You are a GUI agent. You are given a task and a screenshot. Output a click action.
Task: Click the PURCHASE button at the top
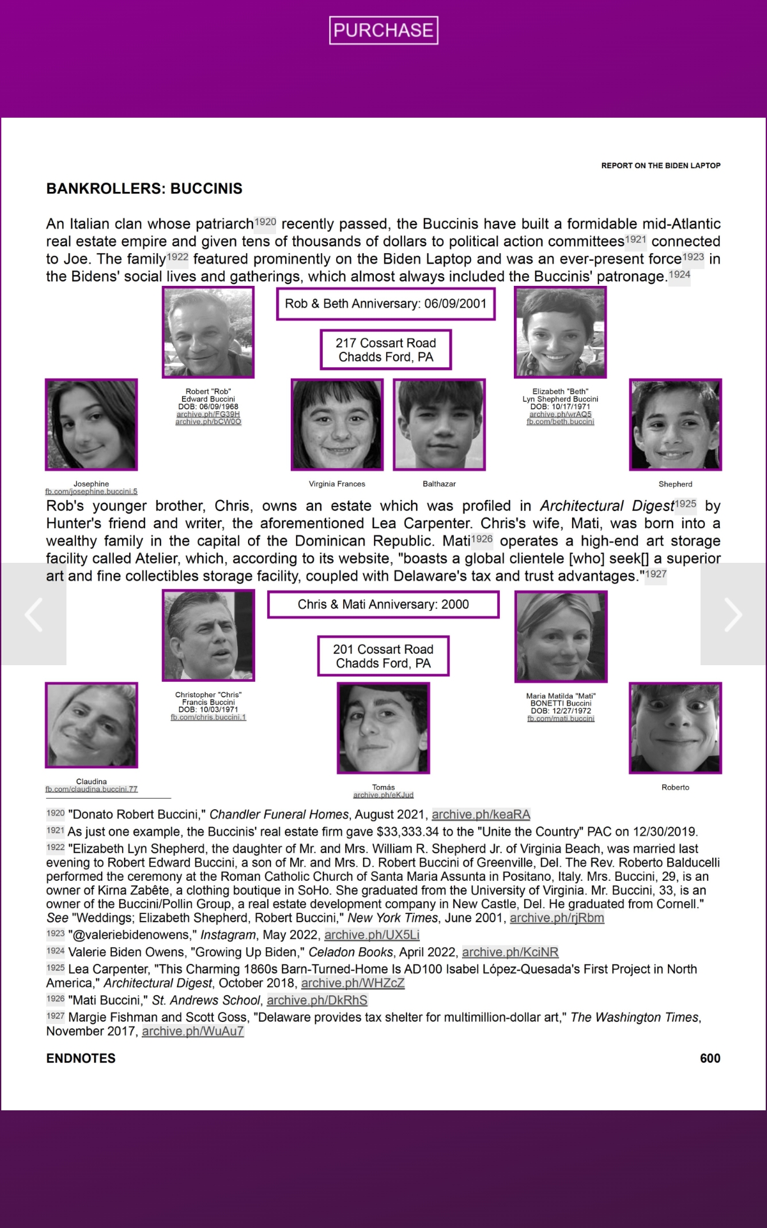[x=383, y=30]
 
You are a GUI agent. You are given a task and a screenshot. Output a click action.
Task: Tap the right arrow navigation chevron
[x=733, y=614]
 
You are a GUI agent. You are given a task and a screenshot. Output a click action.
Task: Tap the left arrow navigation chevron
[x=33, y=614]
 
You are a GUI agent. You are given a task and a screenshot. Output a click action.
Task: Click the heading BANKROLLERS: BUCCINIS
[x=144, y=189]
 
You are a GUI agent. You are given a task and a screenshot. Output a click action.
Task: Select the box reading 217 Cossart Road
[x=385, y=350]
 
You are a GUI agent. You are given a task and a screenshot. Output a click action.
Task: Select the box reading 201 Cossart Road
[x=383, y=656]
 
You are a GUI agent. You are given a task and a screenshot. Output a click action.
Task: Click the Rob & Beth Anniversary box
[x=385, y=304]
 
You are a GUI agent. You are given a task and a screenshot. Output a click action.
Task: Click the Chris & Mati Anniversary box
[x=383, y=604]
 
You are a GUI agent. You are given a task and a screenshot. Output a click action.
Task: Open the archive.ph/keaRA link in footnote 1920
[x=481, y=814]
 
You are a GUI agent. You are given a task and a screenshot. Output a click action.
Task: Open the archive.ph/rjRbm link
[x=557, y=918]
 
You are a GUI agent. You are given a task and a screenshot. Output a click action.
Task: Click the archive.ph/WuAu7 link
[x=192, y=1031]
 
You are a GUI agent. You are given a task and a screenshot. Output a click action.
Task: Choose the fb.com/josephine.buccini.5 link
[x=91, y=492]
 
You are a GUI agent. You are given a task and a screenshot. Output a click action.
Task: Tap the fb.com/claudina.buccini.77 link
[x=91, y=789]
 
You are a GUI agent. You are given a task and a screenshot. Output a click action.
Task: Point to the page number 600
[x=709, y=1059]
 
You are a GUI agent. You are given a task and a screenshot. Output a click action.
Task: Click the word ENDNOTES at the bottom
[x=81, y=1059]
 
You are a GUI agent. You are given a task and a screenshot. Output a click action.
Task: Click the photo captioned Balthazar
[x=439, y=425]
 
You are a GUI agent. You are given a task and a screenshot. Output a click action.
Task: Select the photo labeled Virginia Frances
[x=337, y=425]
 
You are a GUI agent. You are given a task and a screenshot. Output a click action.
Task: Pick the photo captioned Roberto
[x=675, y=728]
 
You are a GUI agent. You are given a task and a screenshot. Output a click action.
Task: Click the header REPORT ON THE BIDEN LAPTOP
[x=660, y=166]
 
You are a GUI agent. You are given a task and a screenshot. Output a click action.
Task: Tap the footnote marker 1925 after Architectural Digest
[x=685, y=504]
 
